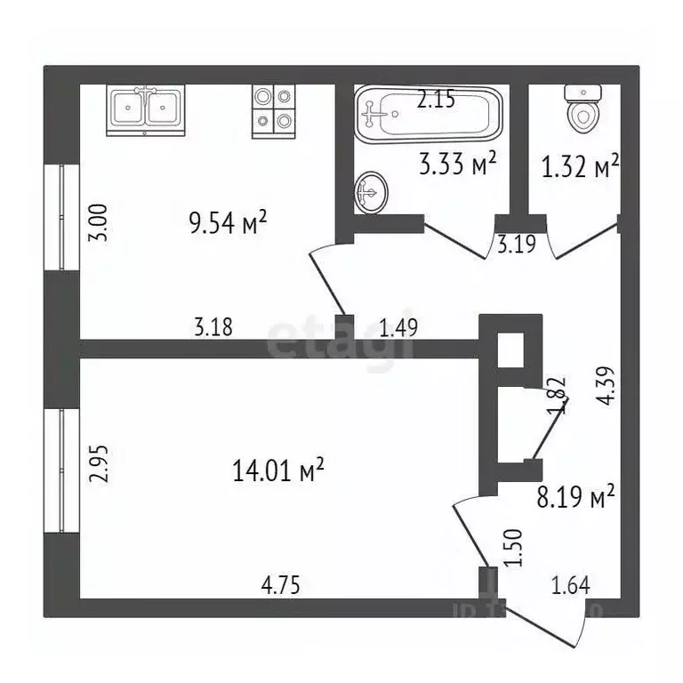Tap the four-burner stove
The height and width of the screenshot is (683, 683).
point(272,110)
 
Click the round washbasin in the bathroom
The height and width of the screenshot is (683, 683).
point(371,193)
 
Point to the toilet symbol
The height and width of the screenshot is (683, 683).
point(583,108)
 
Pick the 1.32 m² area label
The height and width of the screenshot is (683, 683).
point(580,166)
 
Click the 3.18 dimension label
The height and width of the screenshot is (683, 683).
point(213,327)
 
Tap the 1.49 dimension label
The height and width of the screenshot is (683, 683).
point(398,327)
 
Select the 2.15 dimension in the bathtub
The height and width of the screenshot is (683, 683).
point(436,100)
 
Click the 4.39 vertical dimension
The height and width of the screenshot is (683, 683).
point(607,387)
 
